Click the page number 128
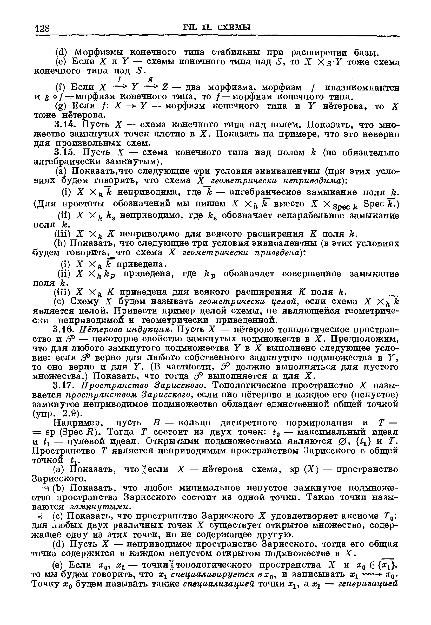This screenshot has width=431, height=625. coord(43,28)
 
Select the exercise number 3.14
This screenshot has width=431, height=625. coord(65,125)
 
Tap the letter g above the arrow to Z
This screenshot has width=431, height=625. coord(150,79)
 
